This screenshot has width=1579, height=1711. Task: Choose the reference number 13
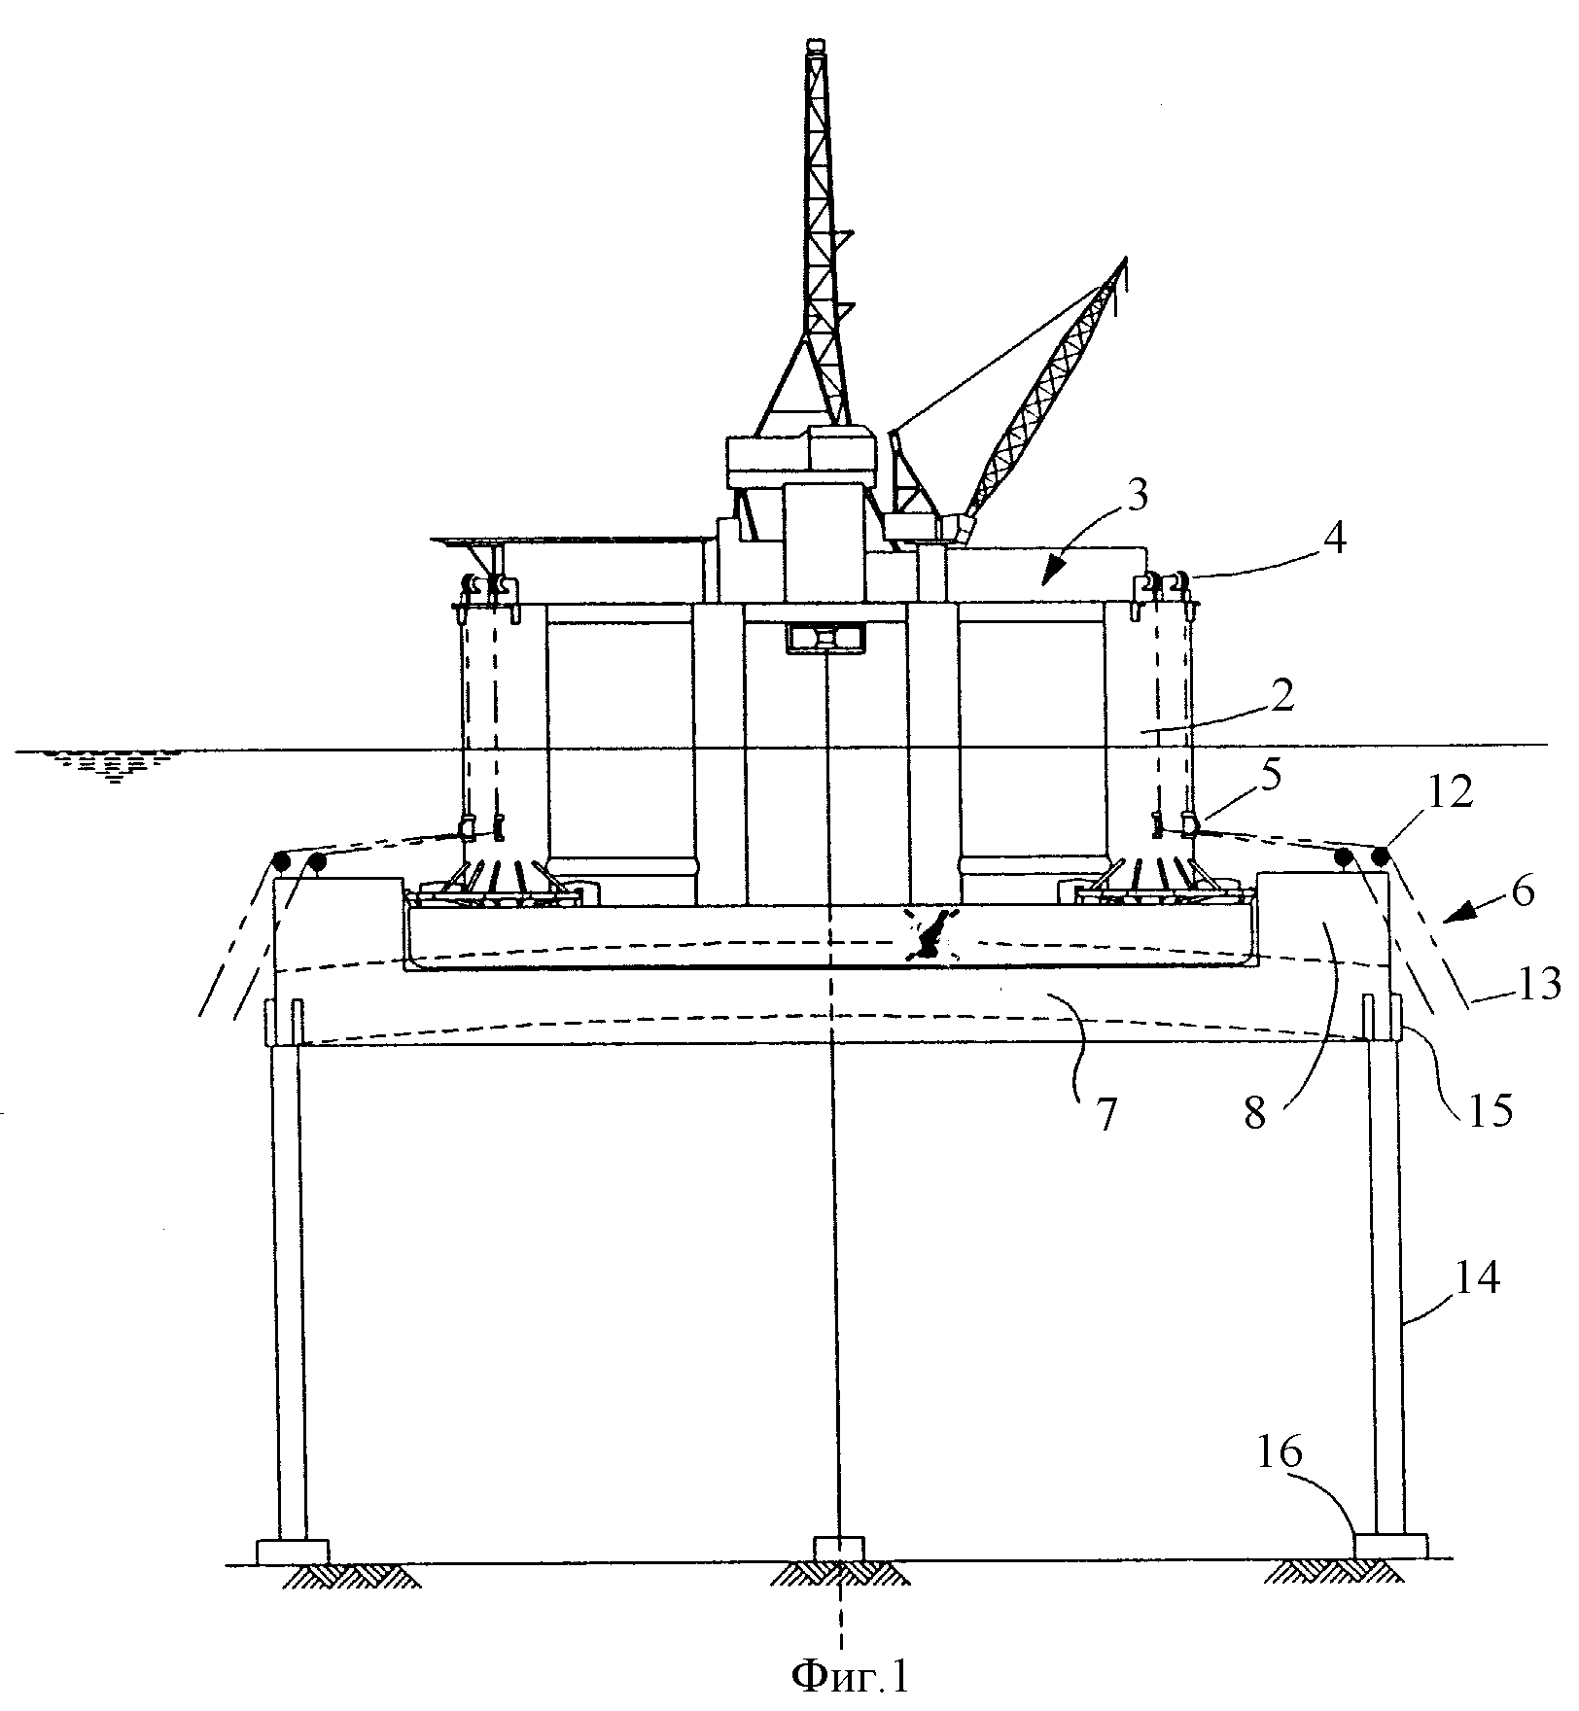(x=1534, y=985)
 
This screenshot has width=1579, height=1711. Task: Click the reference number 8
(x=1256, y=1113)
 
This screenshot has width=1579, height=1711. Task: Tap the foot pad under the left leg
(x=292, y=1551)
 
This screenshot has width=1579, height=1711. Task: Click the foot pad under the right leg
(x=1390, y=1546)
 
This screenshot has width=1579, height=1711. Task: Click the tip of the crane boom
(x=1125, y=261)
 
